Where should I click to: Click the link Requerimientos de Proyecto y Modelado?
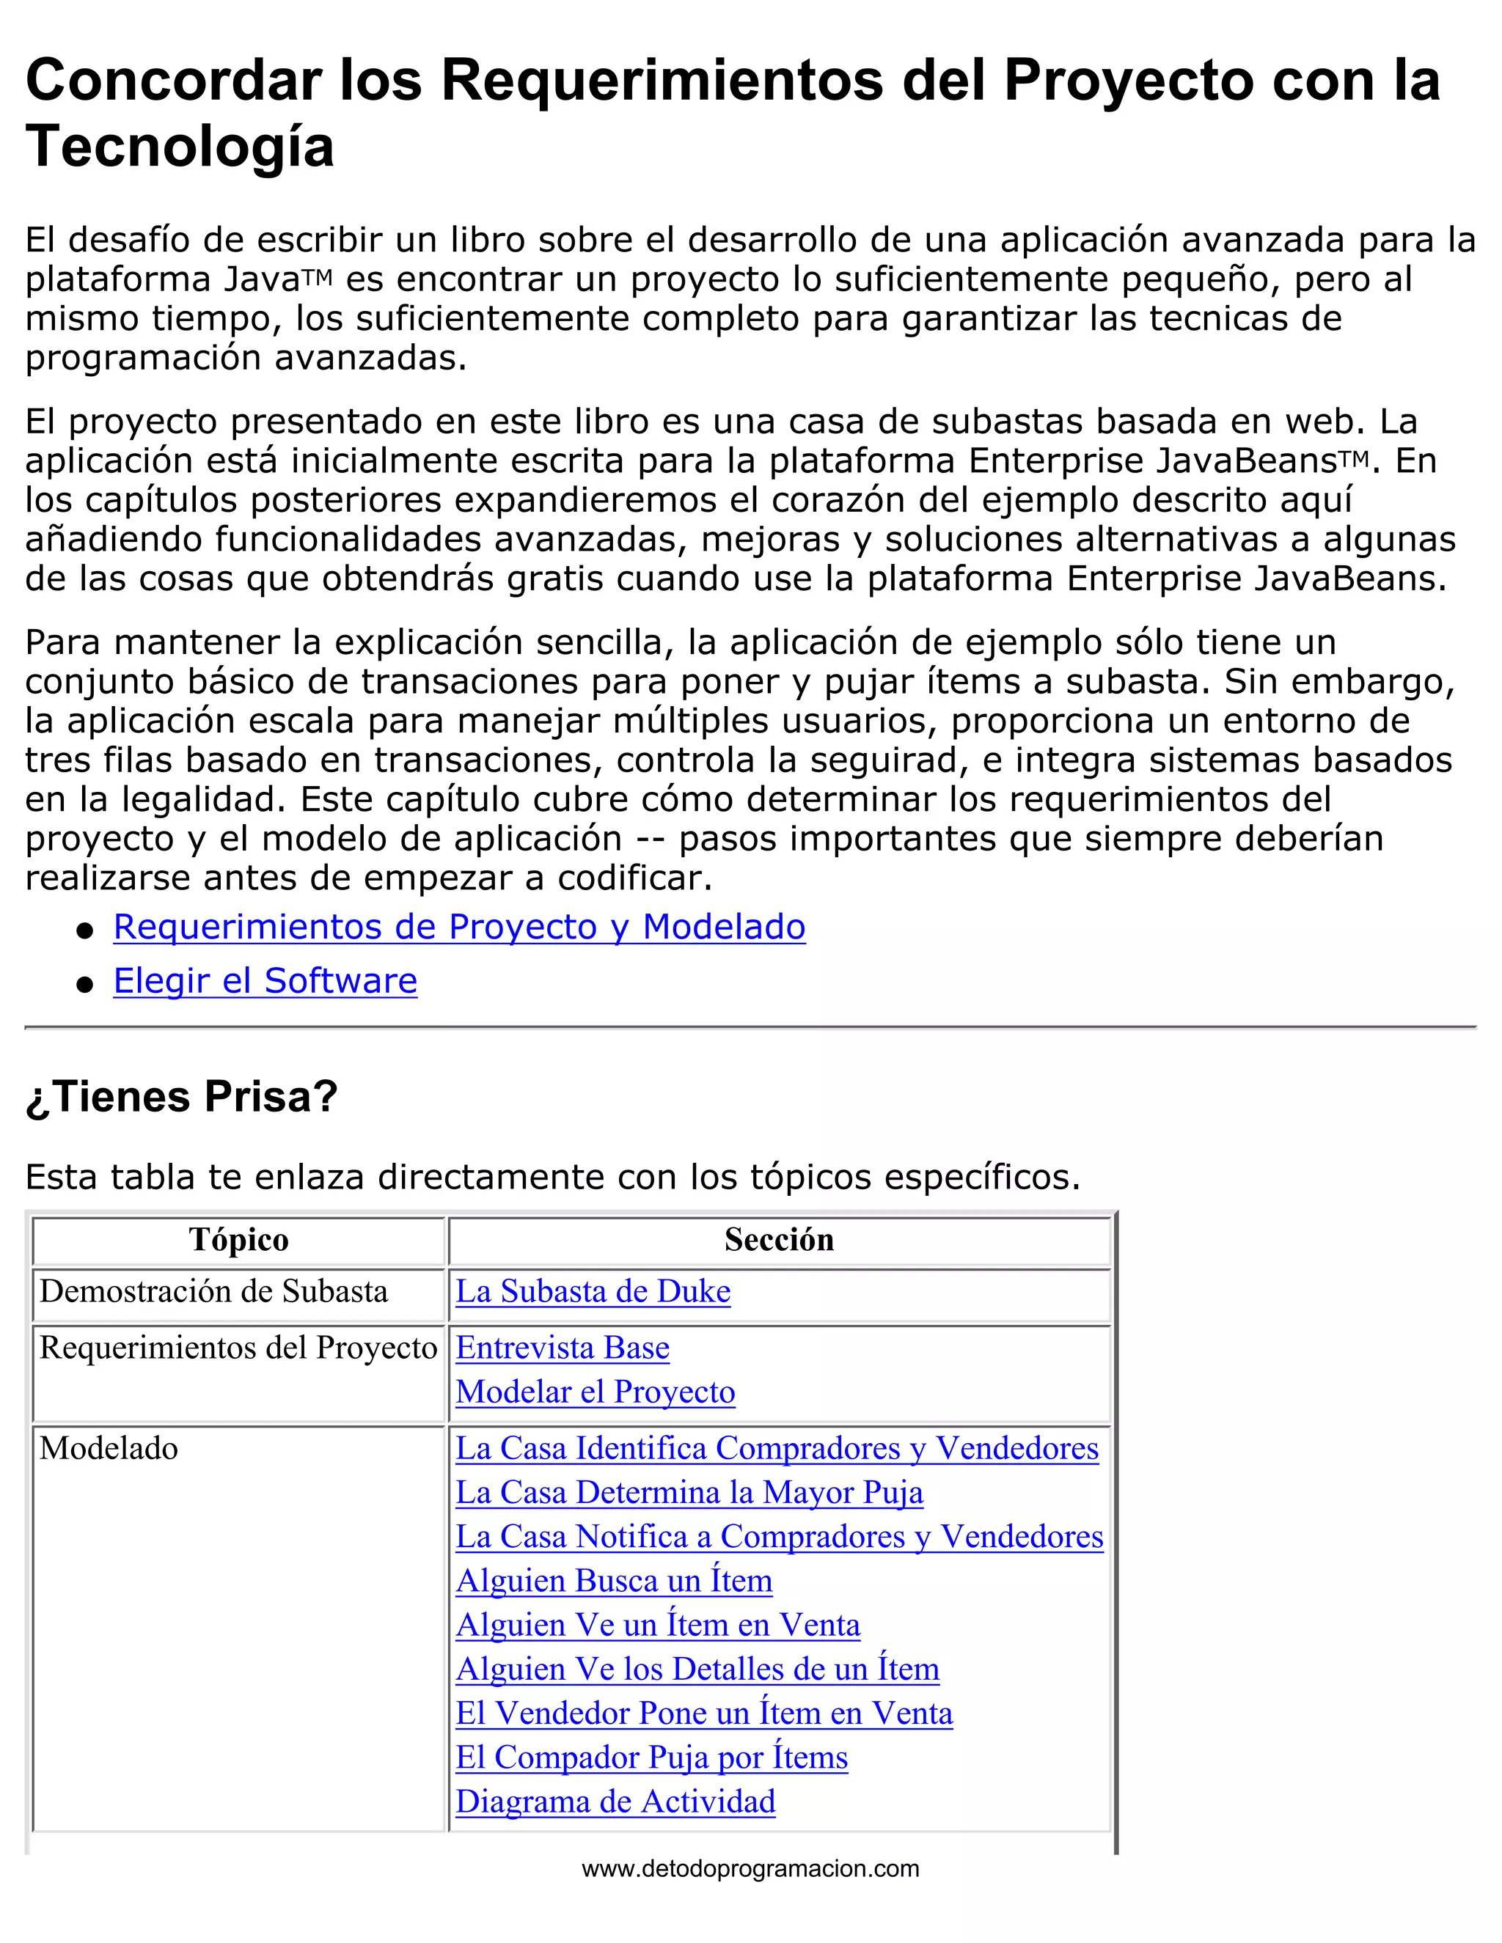[x=459, y=927]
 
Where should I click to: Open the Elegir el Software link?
[x=265, y=980]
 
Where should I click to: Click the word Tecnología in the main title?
[x=180, y=147]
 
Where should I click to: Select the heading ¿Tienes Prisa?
[x=182, y=1096]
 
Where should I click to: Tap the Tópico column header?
[x=238, y=1239]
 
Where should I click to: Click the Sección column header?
[x=779, y=1239]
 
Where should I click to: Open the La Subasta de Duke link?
[x=593, y=1291]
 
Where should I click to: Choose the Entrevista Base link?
[x=563, y=1347]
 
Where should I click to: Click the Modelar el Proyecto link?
[x=596, y=1392]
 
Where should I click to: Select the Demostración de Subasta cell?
[x=213, y=1291]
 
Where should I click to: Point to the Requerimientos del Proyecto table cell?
[x=238, y=1348]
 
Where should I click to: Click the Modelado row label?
[x=109, y=1448]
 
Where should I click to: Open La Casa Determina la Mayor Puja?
[x=689, y=1492]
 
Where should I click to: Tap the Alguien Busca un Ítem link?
[x=614, y=1581]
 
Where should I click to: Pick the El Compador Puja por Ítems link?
[x=651, y=1757]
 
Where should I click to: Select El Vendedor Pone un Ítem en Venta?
[x=704, y=1714]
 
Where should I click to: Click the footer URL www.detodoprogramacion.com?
[x=750, y=1868]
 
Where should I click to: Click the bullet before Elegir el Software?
[x=85, y=984]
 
